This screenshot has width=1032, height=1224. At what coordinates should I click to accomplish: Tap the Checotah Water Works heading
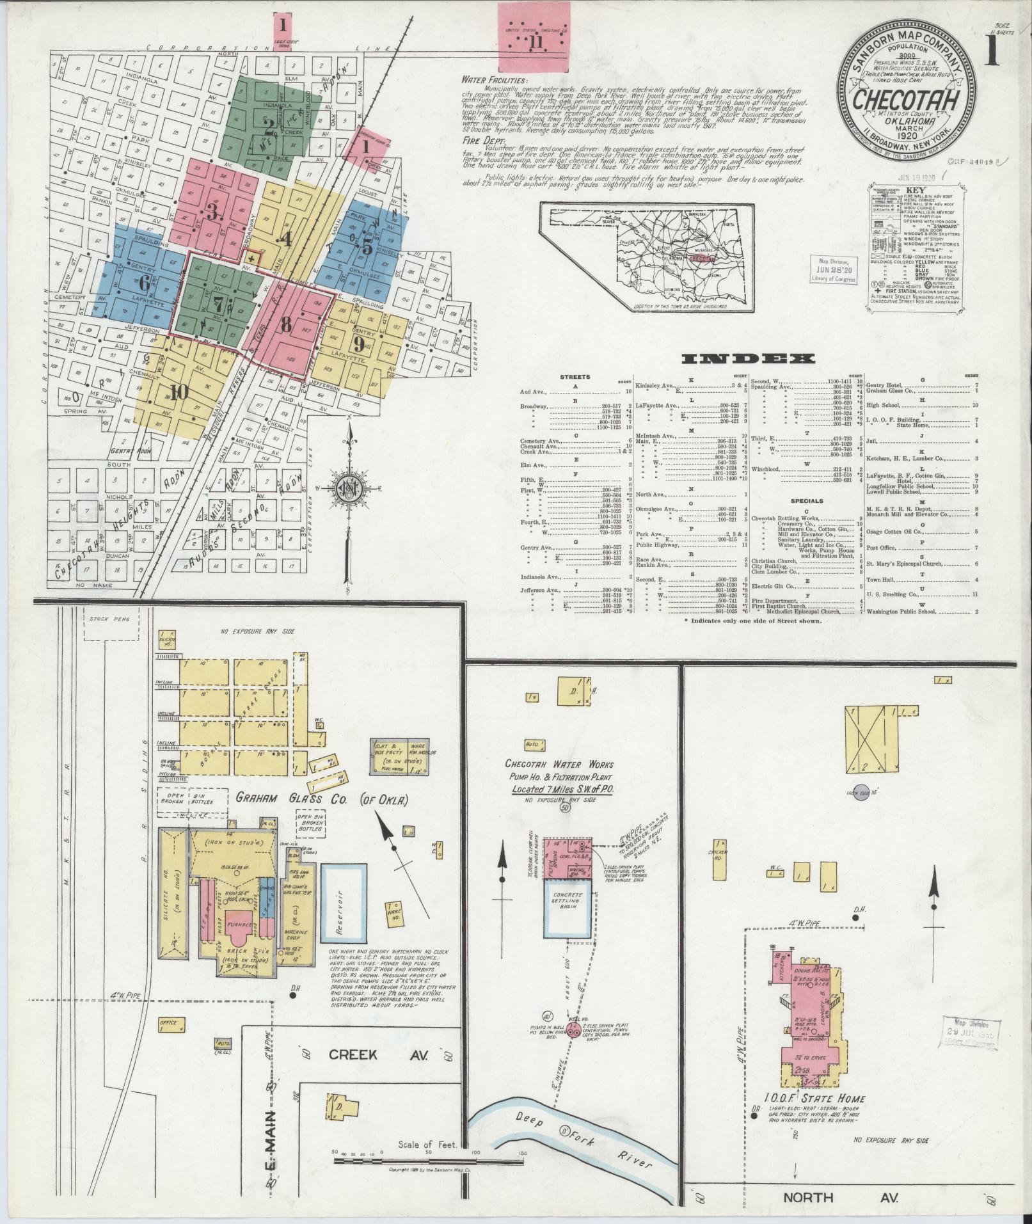tap(560, 765)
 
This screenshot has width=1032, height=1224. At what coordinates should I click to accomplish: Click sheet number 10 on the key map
tap(179, 392)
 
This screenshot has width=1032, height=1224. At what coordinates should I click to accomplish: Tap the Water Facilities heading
tap(496, 81)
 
